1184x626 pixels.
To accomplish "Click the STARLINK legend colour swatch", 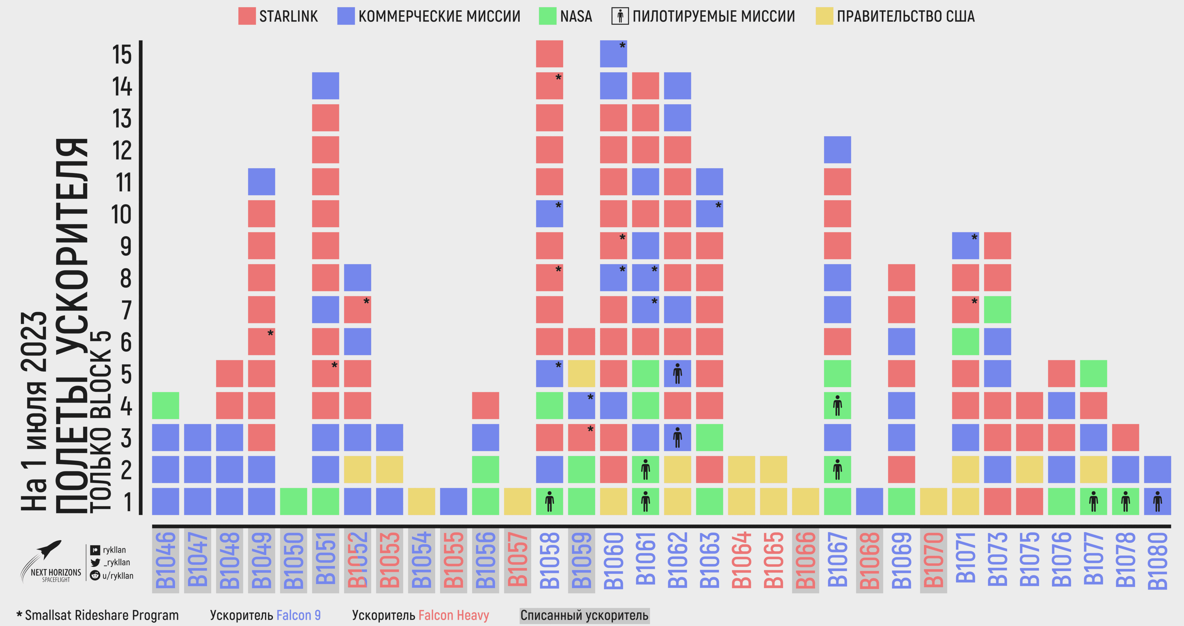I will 247,16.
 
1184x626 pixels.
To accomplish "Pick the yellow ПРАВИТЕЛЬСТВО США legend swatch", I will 824,16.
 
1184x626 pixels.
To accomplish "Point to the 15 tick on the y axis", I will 122,55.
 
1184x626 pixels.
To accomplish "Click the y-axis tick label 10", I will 121,214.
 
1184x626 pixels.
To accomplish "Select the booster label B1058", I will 549,560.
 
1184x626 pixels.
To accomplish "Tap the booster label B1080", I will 1157,560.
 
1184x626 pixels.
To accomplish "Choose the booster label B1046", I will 165,560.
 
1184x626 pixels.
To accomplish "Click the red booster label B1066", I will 805,560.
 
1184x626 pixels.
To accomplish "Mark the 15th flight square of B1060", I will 613,54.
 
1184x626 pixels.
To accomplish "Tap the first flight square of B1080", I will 1157,501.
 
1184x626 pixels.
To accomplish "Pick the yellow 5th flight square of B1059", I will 581,373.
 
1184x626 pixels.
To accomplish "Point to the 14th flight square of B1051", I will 325,86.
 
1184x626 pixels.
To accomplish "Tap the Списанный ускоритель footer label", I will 584,615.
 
